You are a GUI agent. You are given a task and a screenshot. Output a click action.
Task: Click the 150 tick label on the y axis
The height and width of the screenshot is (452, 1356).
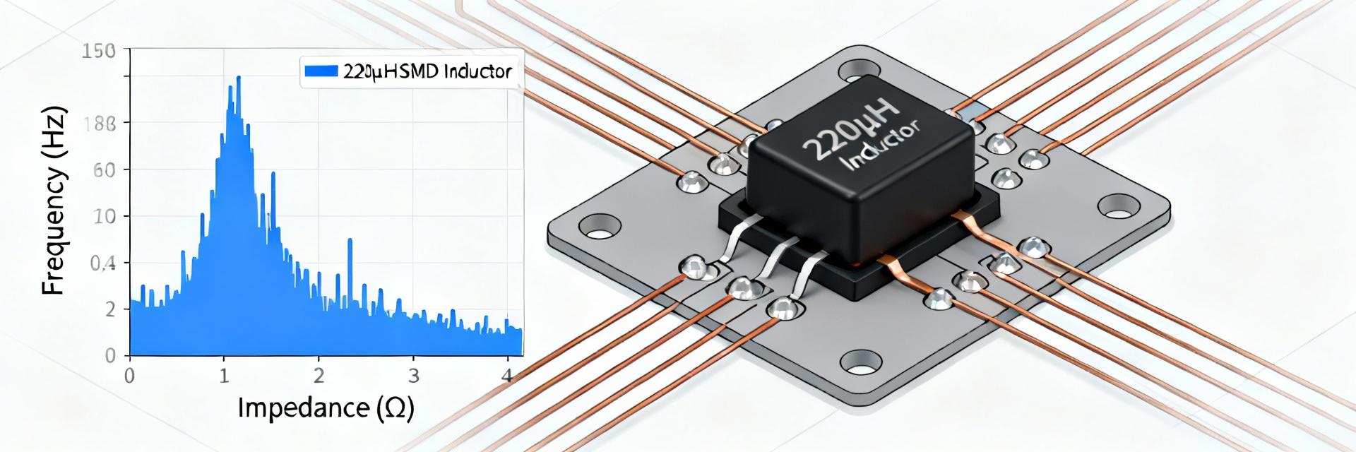(x=98, y=51)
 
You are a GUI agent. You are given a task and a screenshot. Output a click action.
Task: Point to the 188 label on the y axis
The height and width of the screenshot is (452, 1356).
(x=98, y=124)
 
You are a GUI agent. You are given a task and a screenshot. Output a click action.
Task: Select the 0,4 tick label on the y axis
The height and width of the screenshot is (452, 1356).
(x=102, y=264)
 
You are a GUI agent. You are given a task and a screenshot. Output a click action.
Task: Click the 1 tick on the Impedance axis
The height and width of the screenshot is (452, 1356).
(x=224, y=375)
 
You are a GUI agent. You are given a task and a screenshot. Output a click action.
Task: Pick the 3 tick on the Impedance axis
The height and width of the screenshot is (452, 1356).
(x=415, y=375)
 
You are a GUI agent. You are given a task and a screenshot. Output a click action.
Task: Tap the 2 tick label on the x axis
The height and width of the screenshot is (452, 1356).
(x=319, y=375)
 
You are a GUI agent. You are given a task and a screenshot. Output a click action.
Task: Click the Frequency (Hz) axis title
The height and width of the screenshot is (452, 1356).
(x=54, y=201)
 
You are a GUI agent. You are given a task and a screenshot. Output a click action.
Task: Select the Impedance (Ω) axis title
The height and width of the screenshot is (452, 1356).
(x=325, y=408)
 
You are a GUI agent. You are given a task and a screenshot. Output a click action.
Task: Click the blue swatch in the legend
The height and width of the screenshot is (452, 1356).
(x=320, y=71)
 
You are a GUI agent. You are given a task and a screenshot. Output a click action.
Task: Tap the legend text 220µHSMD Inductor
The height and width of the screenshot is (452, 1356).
(x=427, y=71)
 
